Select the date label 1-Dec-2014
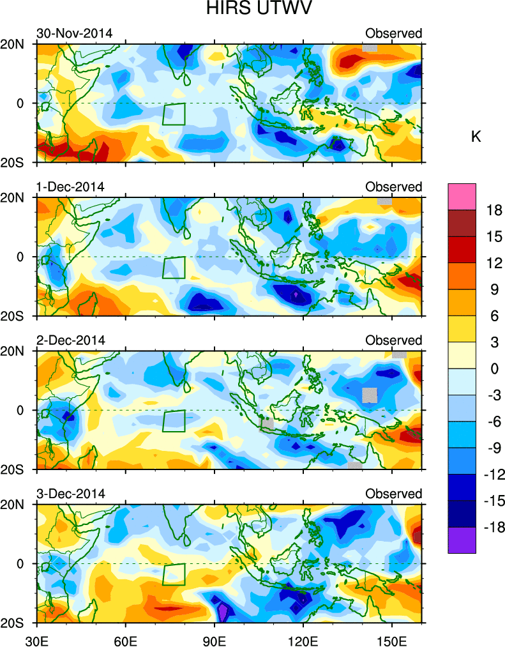pyautogui.click(x=70, y=186)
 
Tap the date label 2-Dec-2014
pyautogui.click(x=70, y=340)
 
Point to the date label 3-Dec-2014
pyautogui.click(x=70, y=494)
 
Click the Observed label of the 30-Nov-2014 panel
pyautogui.click(x=393, y=33)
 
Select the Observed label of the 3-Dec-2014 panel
pyautogui.click(x=393, y=494)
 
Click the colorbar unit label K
pyautogui.click(x=476, y=137)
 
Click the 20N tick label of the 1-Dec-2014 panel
pyautogui.click(x=21, y=198)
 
